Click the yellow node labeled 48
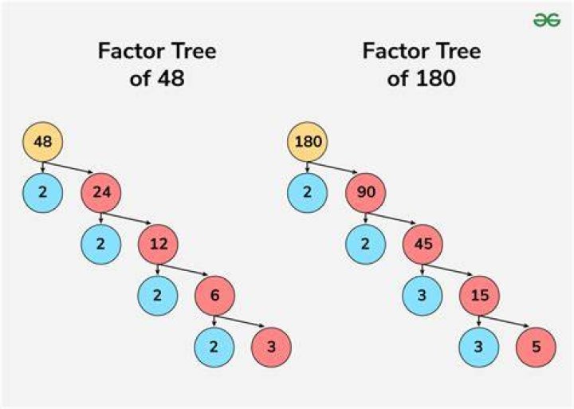click(43, 141)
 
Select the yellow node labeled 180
click(308, 141)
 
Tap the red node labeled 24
click(101, 193)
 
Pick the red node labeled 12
click(158, 244)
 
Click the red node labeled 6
click(215, 296)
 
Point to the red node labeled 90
click(366, 193)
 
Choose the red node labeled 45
click(423, 244)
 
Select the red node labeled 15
click(480, 296)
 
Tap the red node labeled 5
click(536, 347)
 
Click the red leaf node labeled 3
click(271, 347)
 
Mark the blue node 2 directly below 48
click(43, 193)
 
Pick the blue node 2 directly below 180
click(308, 193)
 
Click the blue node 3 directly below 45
click(423, 296)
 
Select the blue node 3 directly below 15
click(479, 347)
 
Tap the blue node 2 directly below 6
click(214, 347)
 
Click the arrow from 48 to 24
click(68, 167)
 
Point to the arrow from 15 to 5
click(505, 321)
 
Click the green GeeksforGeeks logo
click(547, 20)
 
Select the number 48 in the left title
click(171, 78)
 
